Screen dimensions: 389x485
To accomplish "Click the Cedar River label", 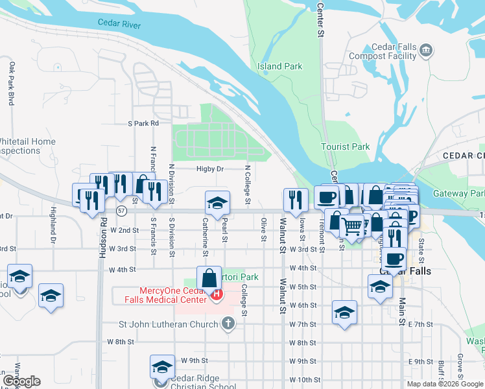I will (119, 23).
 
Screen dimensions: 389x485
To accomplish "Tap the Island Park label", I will (279, 66).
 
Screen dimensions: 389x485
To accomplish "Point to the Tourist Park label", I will (346, 147).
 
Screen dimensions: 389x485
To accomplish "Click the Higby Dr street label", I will (210, 169).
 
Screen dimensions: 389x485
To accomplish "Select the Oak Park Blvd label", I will (12, 84).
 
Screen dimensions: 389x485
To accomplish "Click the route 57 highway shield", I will (121, 211).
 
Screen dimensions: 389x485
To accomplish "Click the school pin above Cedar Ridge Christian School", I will (162, 367).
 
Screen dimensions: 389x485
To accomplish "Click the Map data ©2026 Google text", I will (444, 384).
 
